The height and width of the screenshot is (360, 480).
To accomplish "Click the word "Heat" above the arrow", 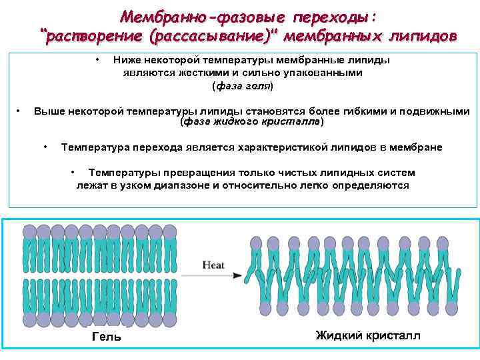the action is [x=213, y=265].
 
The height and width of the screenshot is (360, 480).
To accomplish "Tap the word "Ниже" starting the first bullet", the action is [x=127, y=60].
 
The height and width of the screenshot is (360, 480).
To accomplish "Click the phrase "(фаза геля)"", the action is [x=242, y=86].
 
